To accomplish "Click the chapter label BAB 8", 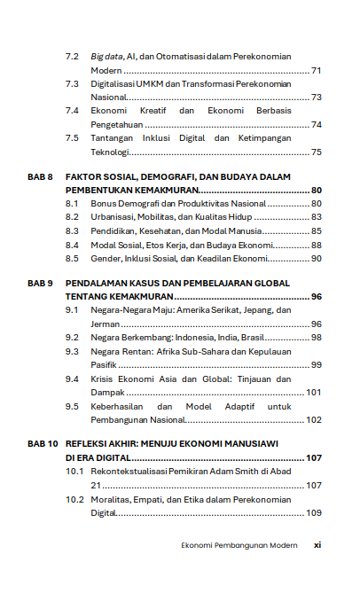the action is pos(40,177).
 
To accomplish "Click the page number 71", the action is pos(316,70).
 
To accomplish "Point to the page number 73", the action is pos(316,98).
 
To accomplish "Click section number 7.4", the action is pos(73,111).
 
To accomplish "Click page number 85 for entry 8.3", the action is pos(316,230).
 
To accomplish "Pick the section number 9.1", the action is pos(73,310).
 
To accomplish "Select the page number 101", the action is pos(313,392).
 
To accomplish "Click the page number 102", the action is pos(313,419).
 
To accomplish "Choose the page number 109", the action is pos(313,513).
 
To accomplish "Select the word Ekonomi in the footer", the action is pos(198,545).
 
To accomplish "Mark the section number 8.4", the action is pos(73,245).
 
